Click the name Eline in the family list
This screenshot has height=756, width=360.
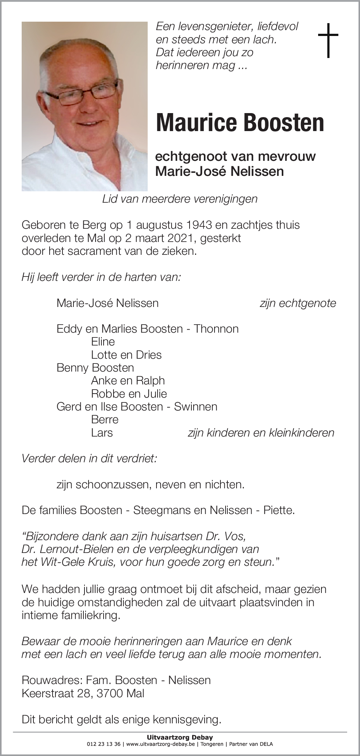pos(103,342)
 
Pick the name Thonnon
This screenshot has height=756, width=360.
pos(216,329)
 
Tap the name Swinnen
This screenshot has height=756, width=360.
pos(195,407)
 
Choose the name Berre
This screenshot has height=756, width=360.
pos(105,420)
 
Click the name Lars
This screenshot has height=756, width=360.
pos(102,433)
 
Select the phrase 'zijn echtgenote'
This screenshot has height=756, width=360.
pos(298,303)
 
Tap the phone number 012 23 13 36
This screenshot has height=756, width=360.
pos(104,745)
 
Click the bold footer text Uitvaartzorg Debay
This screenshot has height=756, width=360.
pos(180,737)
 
